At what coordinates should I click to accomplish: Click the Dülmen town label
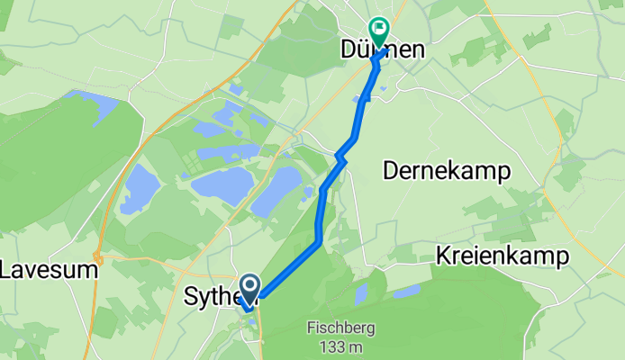(x=382, y=51)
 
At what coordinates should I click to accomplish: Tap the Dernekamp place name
(x=447, y=171)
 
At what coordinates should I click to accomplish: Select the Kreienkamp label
(x=503, y=256)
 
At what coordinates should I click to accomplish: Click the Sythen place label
(x=213, y=296)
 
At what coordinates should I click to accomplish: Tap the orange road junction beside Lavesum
(x=98, y=260)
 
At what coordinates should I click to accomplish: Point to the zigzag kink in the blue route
(x=340, y=158)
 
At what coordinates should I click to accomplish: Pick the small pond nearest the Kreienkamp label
(x=406, y=291)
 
